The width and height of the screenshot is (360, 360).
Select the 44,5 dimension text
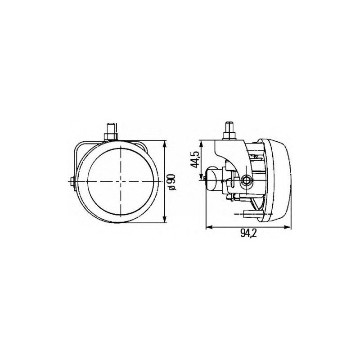tap(195, 160)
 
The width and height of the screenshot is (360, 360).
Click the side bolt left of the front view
tap(72, 182)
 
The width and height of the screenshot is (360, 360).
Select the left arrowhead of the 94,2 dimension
tap(208, 227)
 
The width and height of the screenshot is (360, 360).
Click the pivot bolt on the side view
tap(246, 181)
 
